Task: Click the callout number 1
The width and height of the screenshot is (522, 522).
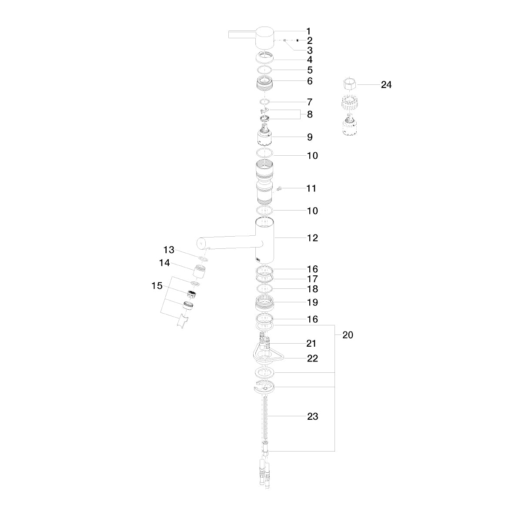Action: (308, 31)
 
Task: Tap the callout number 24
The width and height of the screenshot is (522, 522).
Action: (386, 85)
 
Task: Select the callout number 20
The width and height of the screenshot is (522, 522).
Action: (348, 335)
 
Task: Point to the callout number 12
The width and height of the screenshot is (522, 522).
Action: (312, 238)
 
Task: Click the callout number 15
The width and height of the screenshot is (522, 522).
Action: (157, 285)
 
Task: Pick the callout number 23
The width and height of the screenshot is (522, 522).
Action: (312, 416)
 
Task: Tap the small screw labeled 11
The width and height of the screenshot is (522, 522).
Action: (281, 188)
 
